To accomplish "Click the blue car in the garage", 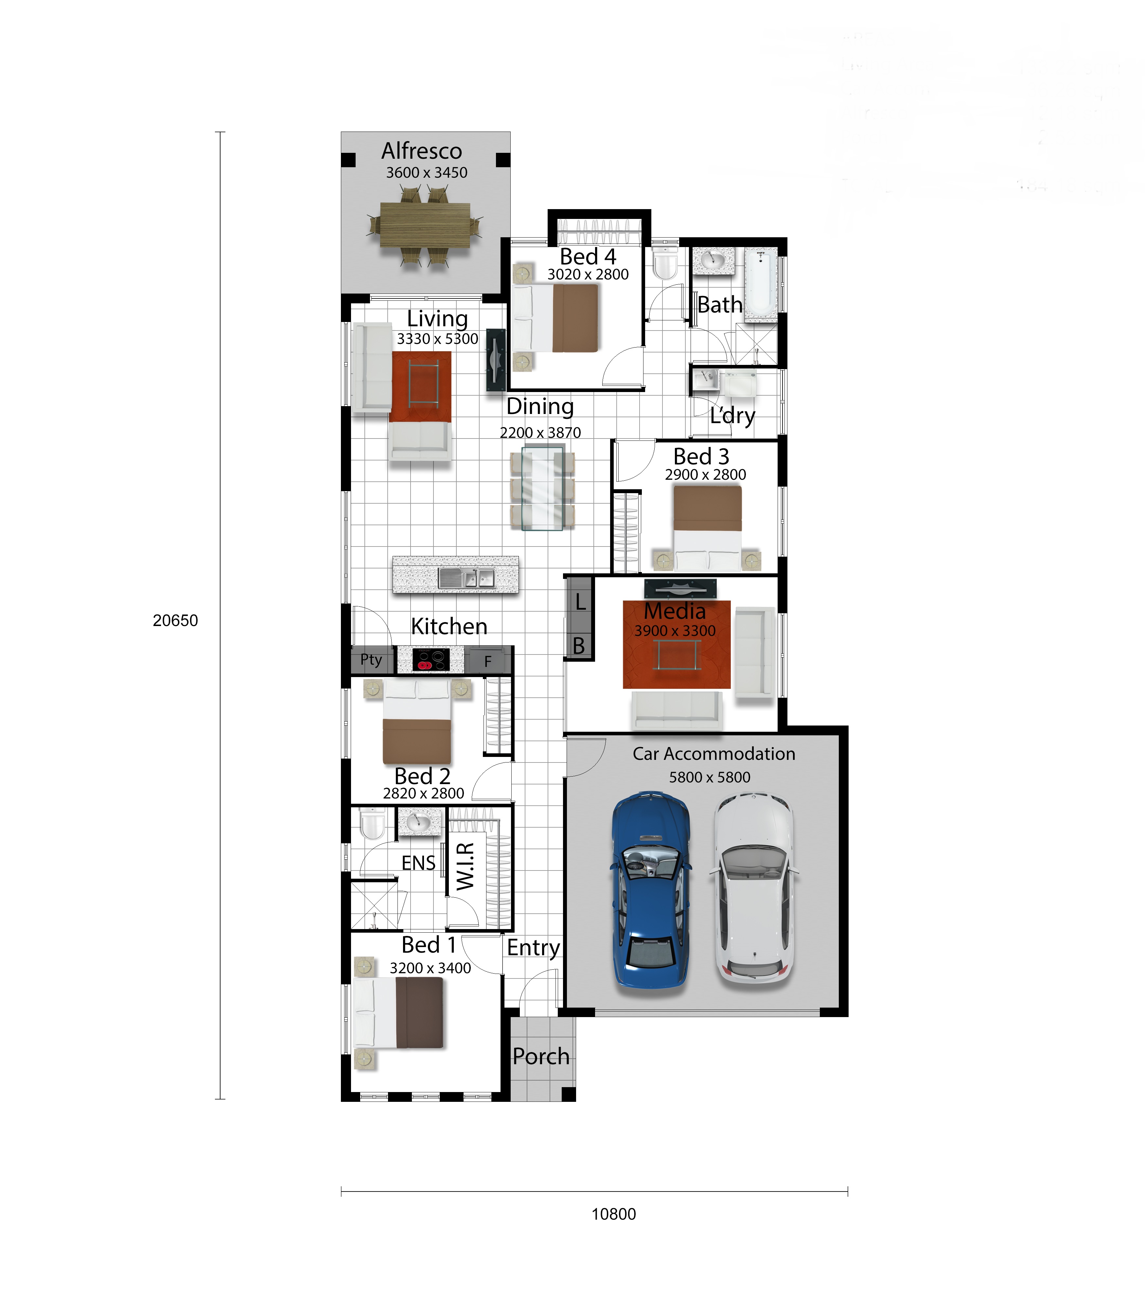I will coord(650,890).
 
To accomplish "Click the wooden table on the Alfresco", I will coord(425,225).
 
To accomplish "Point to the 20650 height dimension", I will coord(175,620).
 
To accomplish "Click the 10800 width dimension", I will coord(613,1214).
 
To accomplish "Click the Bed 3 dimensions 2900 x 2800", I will coord(705,474).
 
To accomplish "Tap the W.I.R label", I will coord(465,866).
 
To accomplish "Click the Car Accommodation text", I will coord(714,754).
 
